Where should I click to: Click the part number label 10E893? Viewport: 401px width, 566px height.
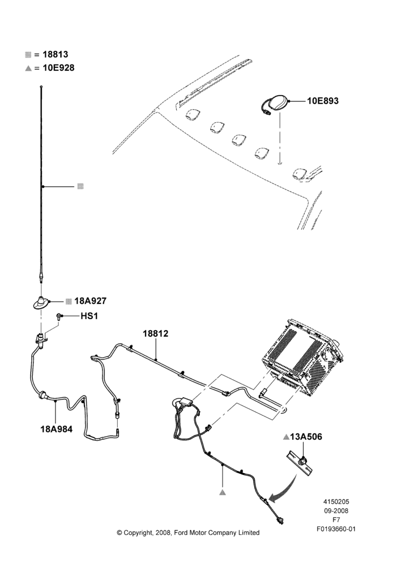(x=323, y=101)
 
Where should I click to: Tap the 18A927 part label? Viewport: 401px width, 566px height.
(x=90, y=301)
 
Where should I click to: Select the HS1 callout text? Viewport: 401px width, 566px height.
(x=89, y=316)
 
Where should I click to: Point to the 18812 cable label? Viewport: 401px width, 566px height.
(x=155, y=333)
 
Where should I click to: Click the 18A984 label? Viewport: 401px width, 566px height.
(x=57, y=429)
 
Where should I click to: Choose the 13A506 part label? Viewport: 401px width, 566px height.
(x=306, y=437)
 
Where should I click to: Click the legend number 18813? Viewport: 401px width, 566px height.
(x=56, y=54)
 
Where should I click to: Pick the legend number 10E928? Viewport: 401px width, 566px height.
(x=58, y=68)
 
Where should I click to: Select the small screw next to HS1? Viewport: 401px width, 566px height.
(x=58, y=316)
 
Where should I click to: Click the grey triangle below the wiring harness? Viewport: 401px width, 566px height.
(x=223, y=492)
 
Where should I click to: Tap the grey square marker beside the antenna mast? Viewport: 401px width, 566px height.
(x=80, y=186)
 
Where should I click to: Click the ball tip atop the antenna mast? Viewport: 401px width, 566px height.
(x=41, y=86)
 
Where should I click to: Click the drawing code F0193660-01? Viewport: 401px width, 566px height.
(x=336, y=529)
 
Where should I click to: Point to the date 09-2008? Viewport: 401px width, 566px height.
(x=336, y=511)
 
